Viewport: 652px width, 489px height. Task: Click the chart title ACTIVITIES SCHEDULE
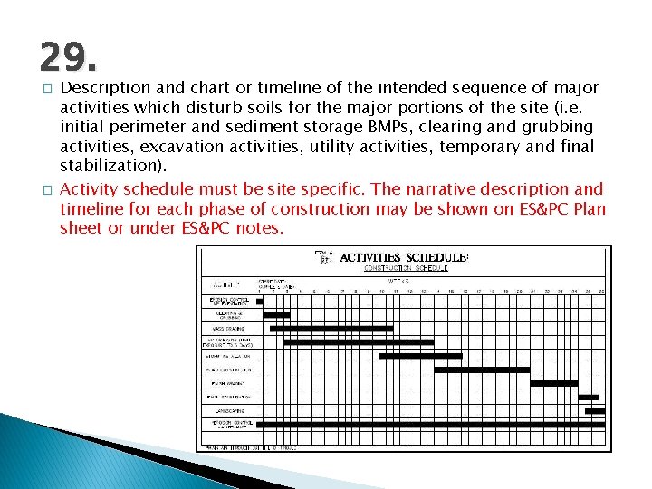(x=404, y=257)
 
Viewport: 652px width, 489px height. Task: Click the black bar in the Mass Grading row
(x=327, y=328)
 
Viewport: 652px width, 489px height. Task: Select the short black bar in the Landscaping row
(x=595, y=410)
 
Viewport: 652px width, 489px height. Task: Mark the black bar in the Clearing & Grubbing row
(x=276, y=314)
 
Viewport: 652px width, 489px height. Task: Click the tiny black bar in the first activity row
(x=260, y=301)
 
